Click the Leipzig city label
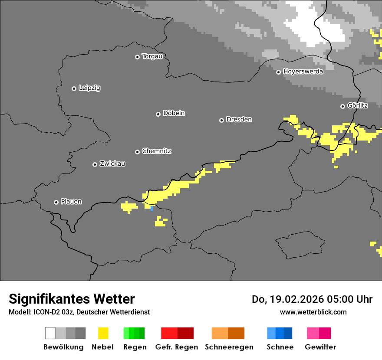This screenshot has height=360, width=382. (x=89, y=88)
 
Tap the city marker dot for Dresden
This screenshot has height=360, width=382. (x=221, y=120)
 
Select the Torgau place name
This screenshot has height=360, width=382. (x=152, y=56)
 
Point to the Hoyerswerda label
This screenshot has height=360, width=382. (x=303, y=72)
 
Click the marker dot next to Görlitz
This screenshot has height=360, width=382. (x=342, y=106)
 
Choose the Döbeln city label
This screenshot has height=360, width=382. (x=174, y=113)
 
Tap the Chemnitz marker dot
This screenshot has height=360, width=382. (x=137, y=152)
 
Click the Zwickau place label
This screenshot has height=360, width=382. (x=112, y=164)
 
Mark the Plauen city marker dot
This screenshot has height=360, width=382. (x=56, y=202)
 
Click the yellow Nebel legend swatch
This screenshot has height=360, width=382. (x=103, y=333)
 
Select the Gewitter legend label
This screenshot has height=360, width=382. (x=320, y=347)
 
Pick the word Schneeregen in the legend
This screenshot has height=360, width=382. (x=229, y=347)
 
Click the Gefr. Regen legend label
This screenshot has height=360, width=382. (x=176, y=347)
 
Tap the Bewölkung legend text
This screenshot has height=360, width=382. (x=63, y=347)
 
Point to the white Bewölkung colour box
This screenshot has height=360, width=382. (x=50, y=333)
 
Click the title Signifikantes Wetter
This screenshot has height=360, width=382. (x=72, y=299)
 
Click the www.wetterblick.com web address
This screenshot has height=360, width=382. (x=313, y=312)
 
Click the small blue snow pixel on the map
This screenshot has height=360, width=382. (x=151, y=209)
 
